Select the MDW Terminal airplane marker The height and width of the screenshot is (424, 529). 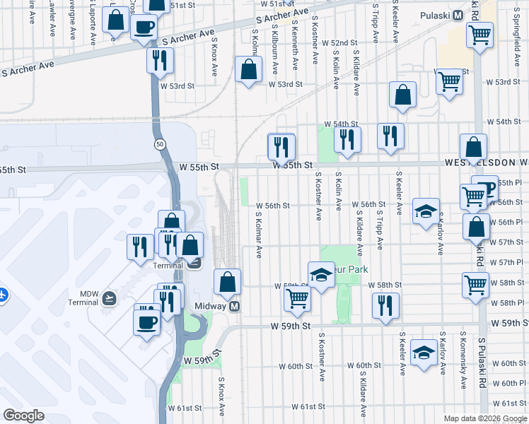coord(109,298)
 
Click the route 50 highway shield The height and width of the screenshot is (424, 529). coord(161,144)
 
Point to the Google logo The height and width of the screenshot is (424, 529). coord(24,416)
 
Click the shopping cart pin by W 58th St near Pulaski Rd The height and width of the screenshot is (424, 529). coord(475,285)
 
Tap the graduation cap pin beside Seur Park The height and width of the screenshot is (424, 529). coord(321,274)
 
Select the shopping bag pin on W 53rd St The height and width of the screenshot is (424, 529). coord(248,70)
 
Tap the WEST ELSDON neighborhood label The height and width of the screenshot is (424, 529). coord(487,163)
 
